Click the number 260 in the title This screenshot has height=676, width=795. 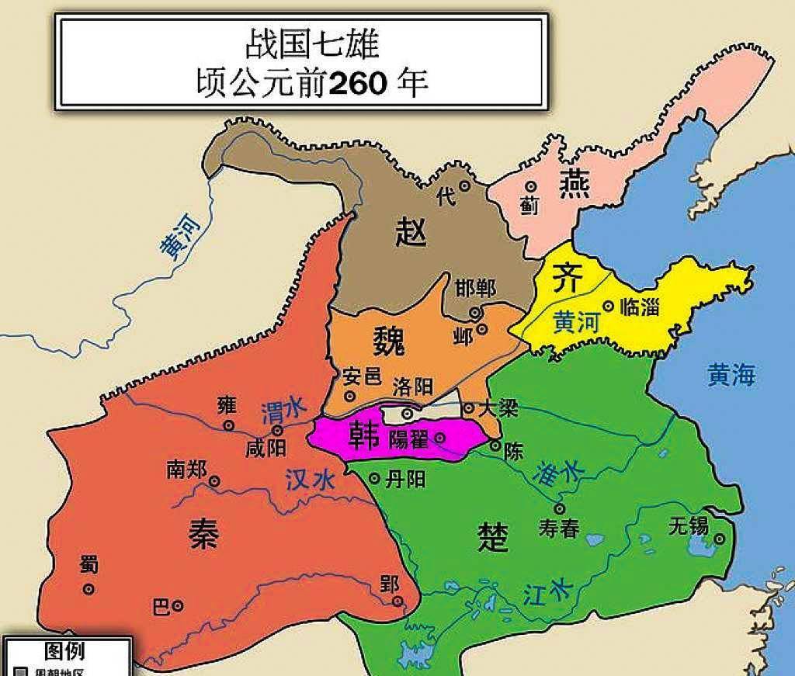[358, 82]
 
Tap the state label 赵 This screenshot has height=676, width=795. [411, 231]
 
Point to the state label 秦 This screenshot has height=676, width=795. [203, 534]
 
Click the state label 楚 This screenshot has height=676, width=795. [493, 536]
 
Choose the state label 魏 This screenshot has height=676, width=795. [395, 340]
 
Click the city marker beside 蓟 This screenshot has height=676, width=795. [531, 187]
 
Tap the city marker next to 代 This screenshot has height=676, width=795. [465, 185]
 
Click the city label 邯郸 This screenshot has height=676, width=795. [475, 288]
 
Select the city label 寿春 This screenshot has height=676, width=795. [559, 529]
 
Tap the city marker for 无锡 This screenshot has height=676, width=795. [720, 538]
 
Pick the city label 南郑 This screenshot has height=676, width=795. [186, 469]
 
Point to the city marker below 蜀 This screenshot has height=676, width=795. [89, 589]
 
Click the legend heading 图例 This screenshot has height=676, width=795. [64, 650]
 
